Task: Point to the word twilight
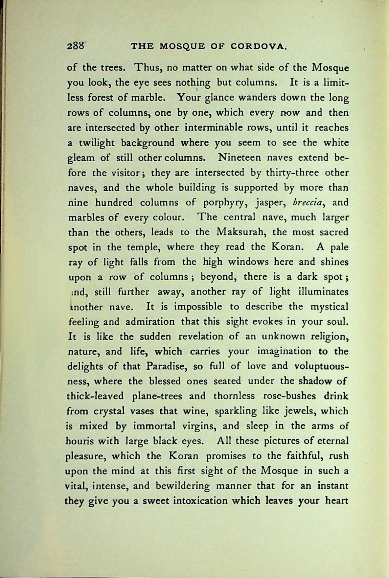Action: [x=98, y=143]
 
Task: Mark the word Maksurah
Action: [x=241, y=232]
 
